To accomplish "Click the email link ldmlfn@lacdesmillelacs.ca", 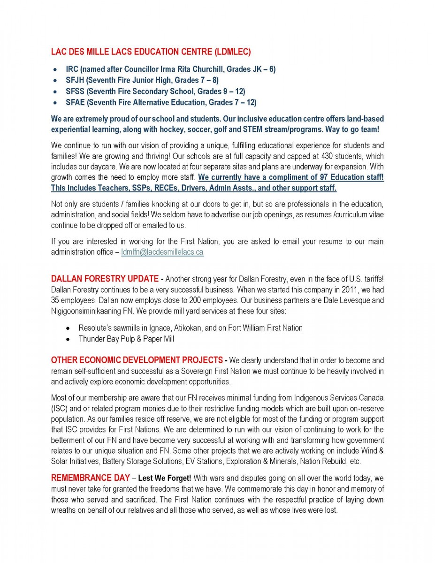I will coord(162,252).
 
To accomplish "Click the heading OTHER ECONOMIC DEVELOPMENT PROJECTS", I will coord(137,360).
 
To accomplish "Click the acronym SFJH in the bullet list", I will coord(75,80).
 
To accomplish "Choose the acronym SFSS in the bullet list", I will coord(75,91).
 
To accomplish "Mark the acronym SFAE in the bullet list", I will coord(75,102).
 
